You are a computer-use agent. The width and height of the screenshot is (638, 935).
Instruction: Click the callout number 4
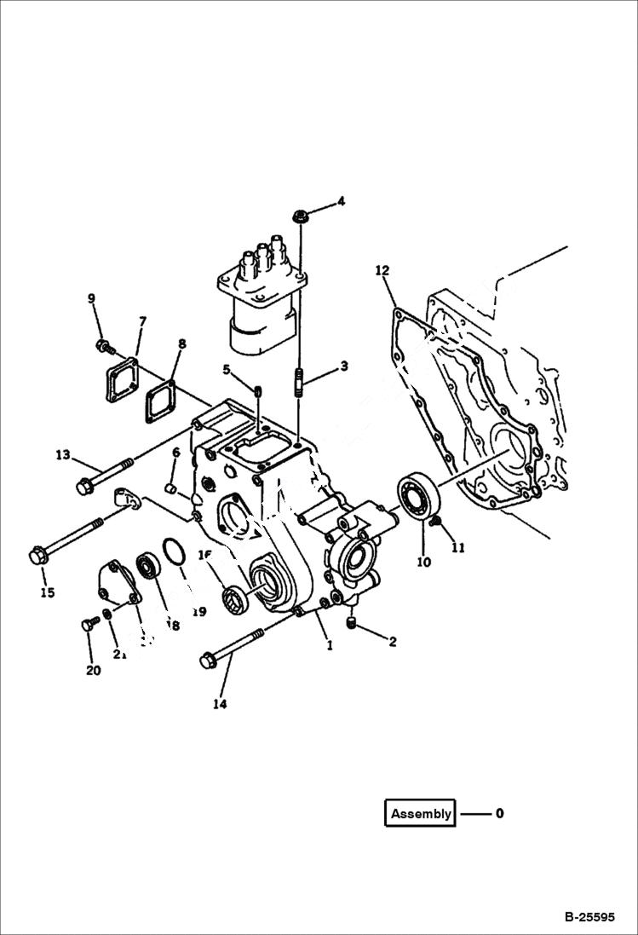[341, 202]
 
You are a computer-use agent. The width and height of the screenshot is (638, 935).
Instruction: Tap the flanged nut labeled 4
[300, 216]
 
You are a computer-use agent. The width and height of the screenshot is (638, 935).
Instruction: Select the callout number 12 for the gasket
[382, 271]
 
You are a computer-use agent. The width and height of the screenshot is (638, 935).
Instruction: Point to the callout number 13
[62, 455]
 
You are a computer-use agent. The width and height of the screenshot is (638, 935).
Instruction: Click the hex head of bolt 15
[38, 556]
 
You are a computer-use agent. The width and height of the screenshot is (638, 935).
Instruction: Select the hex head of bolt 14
[208, 660]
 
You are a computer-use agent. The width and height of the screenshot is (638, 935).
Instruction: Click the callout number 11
[458, 548]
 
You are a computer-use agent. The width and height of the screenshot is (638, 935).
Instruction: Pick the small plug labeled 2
[353, 628]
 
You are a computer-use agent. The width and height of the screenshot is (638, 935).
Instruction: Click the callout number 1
[329, 645]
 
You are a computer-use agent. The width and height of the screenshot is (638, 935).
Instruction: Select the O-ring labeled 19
[174, 552]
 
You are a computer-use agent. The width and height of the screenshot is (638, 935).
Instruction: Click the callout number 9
[91, 297]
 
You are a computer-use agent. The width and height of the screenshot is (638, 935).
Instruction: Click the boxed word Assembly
[420, 813]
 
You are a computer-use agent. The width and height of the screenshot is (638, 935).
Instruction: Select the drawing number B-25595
[589, 918]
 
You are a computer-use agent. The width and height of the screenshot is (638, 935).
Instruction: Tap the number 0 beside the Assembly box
[499, 813]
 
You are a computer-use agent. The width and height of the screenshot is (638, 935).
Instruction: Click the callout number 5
[227, 369]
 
